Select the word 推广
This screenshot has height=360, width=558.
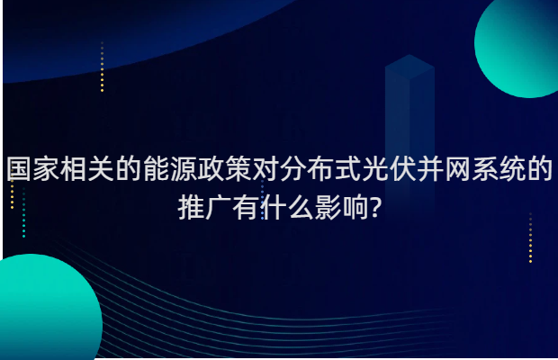coord(205,211)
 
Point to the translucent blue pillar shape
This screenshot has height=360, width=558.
coord(409,108)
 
